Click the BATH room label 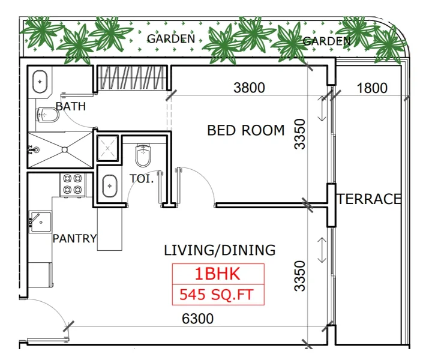click(70, 107)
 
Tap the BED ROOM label click(245, 130)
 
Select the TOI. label click(142, 178)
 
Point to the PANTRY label click(74, 238)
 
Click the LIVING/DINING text click(220, 250)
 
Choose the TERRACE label click(368, 199)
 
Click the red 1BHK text click(217, 274)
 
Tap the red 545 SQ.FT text click(217, 295)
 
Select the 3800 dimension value click(249, 88)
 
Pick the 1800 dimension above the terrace click(372, 88)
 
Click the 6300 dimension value click(197, 319)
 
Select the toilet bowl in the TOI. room click(143, 157)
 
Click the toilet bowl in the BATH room click(47, 114)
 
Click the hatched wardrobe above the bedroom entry click(131, 78)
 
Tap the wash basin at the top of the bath click(40, 81)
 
